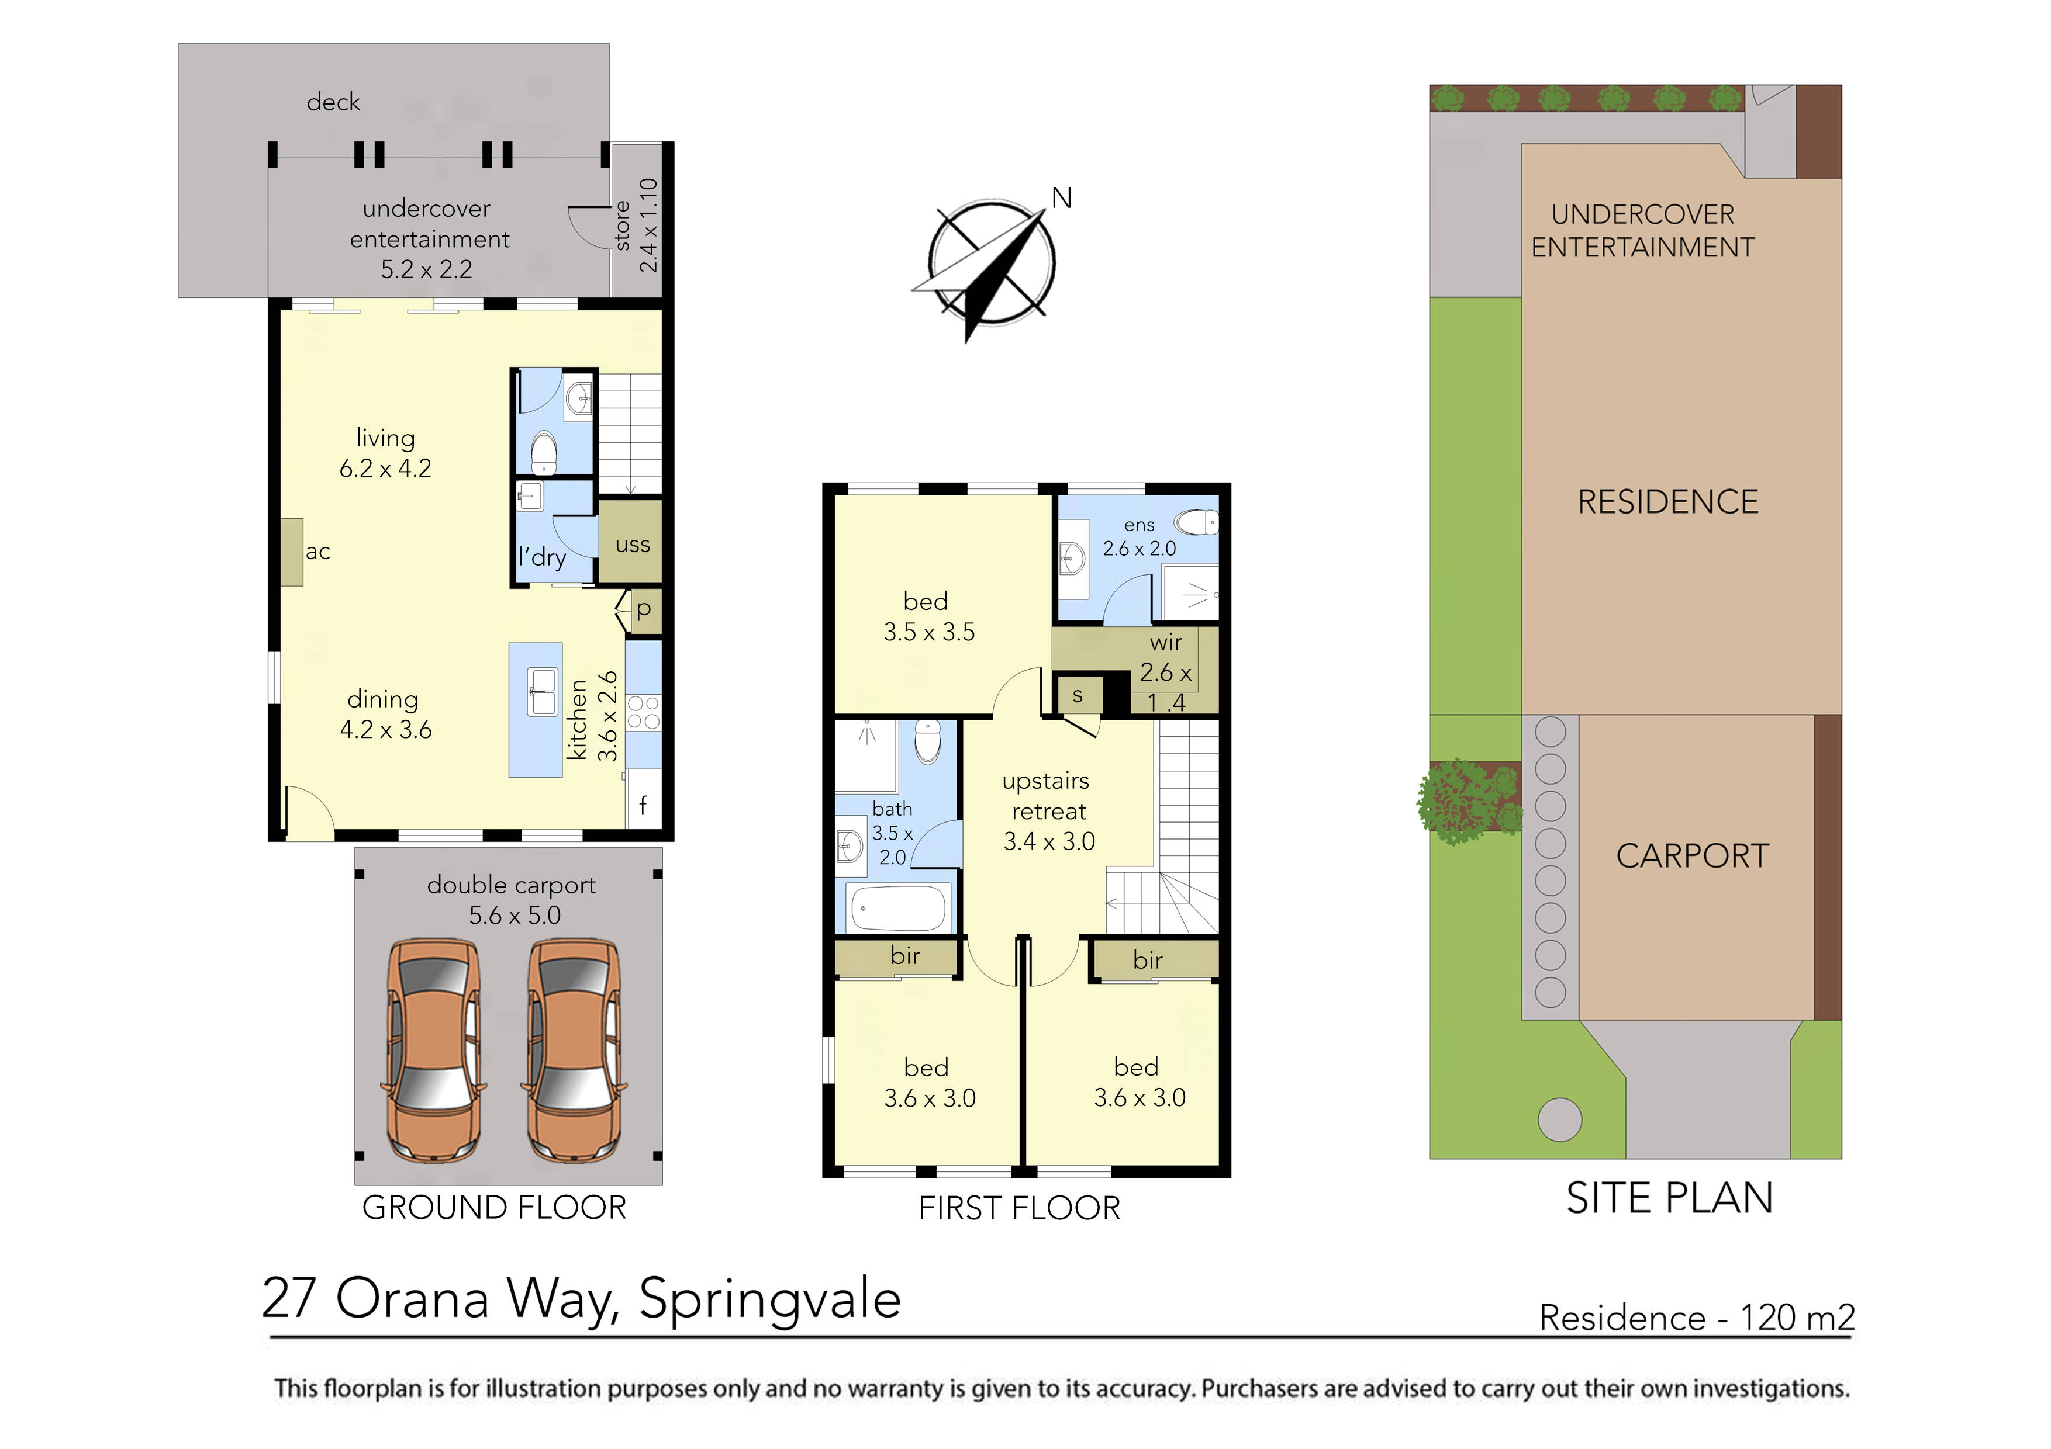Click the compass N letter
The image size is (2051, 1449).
1061,198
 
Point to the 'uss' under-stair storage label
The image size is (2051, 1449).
633,545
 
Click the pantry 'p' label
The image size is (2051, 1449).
643,610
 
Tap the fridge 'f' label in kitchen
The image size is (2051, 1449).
643,805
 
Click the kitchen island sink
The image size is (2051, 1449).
541,692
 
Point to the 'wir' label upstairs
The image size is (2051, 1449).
1166,642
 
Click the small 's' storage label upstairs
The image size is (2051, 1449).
1078,695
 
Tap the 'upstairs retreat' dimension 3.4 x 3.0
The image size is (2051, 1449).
1049,841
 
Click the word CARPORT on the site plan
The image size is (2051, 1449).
1692,856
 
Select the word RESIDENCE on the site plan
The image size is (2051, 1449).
1668,502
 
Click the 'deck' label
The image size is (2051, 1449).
333,102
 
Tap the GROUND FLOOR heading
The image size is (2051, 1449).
494,1207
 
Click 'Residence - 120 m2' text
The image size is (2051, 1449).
1696,1318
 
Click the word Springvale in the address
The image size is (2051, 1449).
769,1300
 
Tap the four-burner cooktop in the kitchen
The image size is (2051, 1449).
643,712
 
